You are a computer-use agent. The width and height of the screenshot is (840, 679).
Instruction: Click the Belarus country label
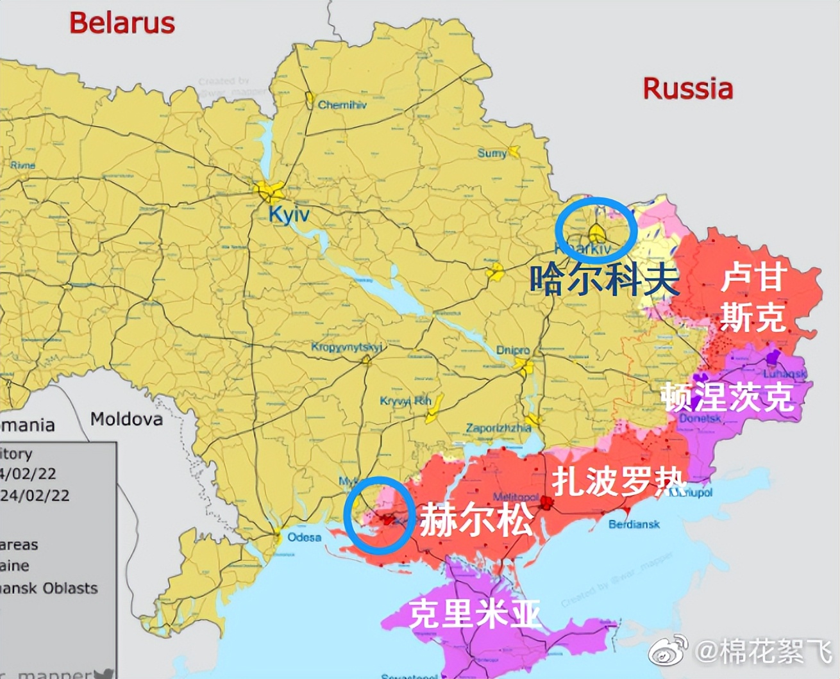click(122, 23)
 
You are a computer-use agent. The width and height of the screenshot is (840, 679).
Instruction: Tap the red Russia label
click(687, 88)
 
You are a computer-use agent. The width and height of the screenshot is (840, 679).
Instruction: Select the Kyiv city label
click(289, 214)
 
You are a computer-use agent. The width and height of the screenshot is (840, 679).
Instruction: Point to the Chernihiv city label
click(342, 104)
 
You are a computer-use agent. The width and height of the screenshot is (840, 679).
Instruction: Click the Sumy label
click(491, 154)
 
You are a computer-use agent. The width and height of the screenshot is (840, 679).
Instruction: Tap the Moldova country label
click(126, 420)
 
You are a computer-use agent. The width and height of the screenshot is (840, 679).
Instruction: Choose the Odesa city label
click(304, 537)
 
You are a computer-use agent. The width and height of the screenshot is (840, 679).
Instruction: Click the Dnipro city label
click(513, 350)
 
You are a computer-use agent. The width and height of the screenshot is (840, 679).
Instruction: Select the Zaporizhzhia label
click(498, 428)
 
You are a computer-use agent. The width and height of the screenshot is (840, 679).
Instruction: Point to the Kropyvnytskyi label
click(346, 347)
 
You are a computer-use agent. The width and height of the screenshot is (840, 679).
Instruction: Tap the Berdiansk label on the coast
click(634, 524)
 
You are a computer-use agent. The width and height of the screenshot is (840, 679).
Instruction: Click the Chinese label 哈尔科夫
click(603, 279)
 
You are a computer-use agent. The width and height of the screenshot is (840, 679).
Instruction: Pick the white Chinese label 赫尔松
click(476, 519)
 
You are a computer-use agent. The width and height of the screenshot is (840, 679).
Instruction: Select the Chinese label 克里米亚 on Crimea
click(475, 613)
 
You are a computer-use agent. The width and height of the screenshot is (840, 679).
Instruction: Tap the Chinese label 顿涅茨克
click(728, 397)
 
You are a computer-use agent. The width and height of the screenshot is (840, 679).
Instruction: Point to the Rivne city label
click(22, 165)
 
